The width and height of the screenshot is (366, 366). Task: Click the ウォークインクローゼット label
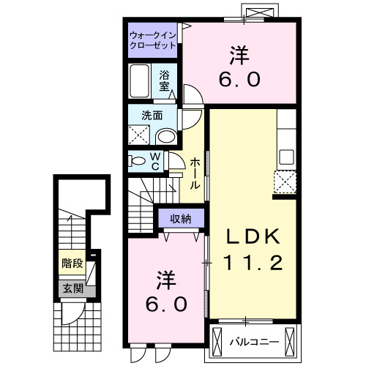[152, 39]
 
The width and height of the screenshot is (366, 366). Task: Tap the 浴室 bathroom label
[165, 79]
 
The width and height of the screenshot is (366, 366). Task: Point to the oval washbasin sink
[167, 136]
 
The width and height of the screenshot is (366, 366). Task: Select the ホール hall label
[195, 174]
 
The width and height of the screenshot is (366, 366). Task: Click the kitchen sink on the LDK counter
[286, 157]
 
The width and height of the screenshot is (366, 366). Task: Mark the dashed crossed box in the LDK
[285, 181]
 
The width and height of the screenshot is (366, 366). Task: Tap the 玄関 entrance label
[72, 289]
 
